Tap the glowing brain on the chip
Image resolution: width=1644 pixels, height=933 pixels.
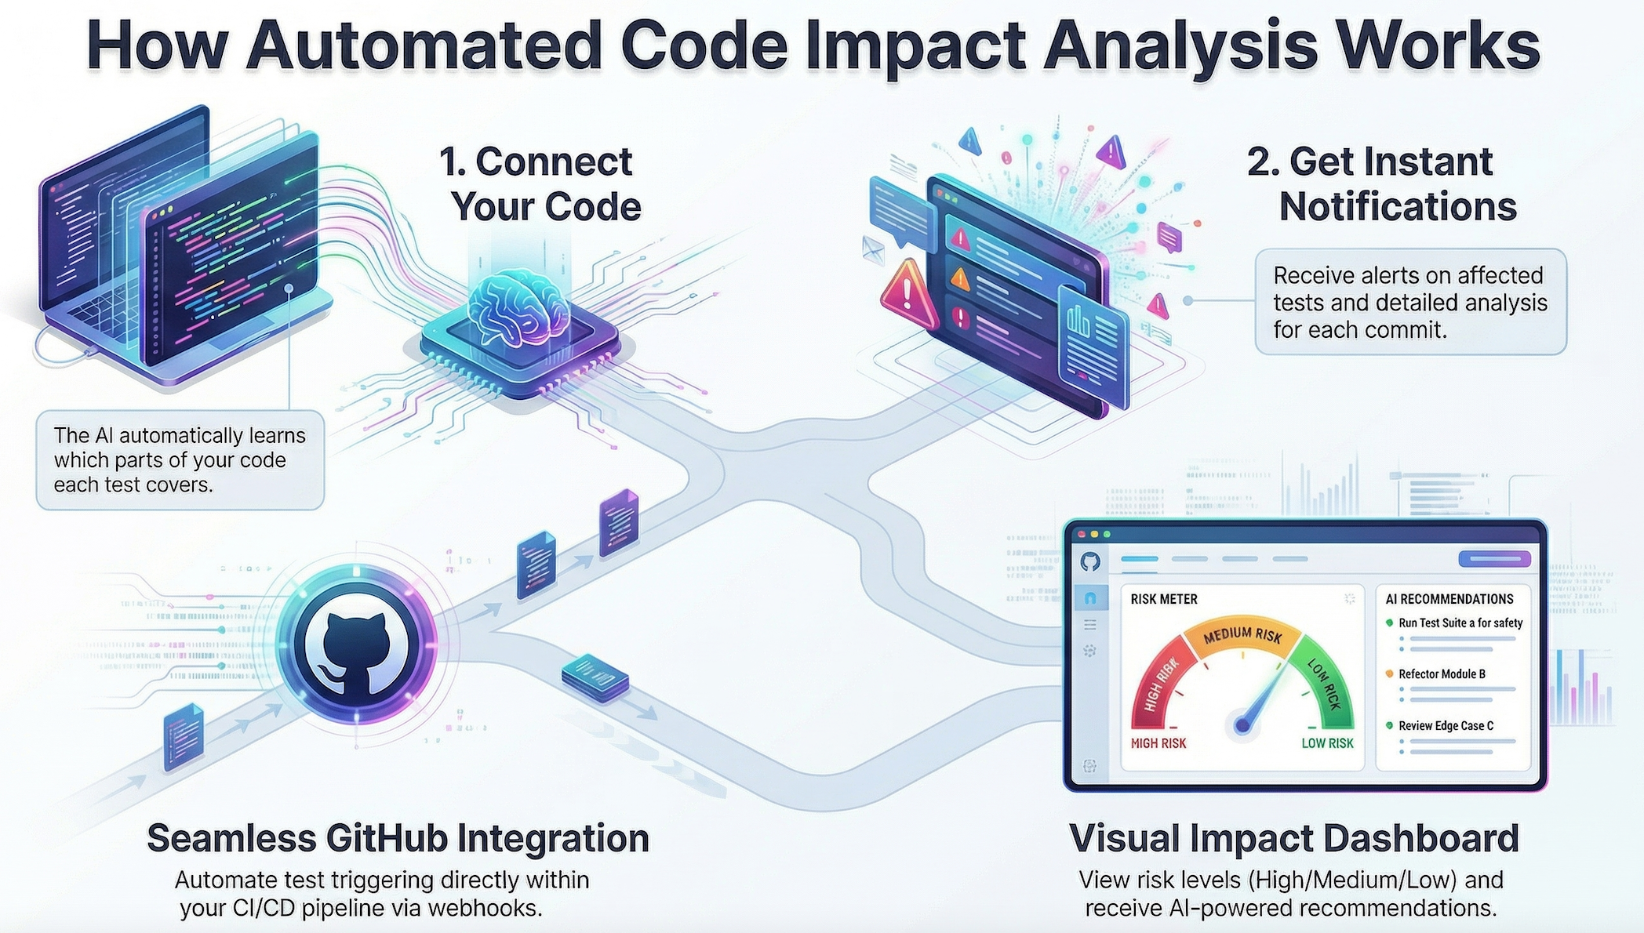click(x=518, y=306)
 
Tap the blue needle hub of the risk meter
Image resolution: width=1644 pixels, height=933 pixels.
click(x=1242, y=724)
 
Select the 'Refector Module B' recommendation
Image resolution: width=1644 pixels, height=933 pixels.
click(x=1442, y=674)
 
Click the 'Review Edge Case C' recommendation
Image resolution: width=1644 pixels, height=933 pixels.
click(x=1446, y=726)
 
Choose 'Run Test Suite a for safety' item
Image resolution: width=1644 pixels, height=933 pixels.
click(x=1460, y=623)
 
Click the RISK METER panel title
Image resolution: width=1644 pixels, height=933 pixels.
click(x=1164, y=600)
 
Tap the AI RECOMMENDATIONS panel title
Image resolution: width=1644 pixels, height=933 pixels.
click(x=1449, y=600)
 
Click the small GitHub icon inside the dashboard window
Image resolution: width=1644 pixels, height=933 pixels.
click(x=1090, y=561)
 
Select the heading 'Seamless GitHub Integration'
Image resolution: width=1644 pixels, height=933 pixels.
click(x=398, y=838)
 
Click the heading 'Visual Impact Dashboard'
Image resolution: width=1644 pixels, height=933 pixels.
click(x=1293, y=838)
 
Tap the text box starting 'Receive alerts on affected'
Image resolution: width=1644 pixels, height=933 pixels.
click(x=1409, y=303)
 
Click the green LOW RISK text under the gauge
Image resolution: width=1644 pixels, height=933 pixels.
click(x=1327, y=743)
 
